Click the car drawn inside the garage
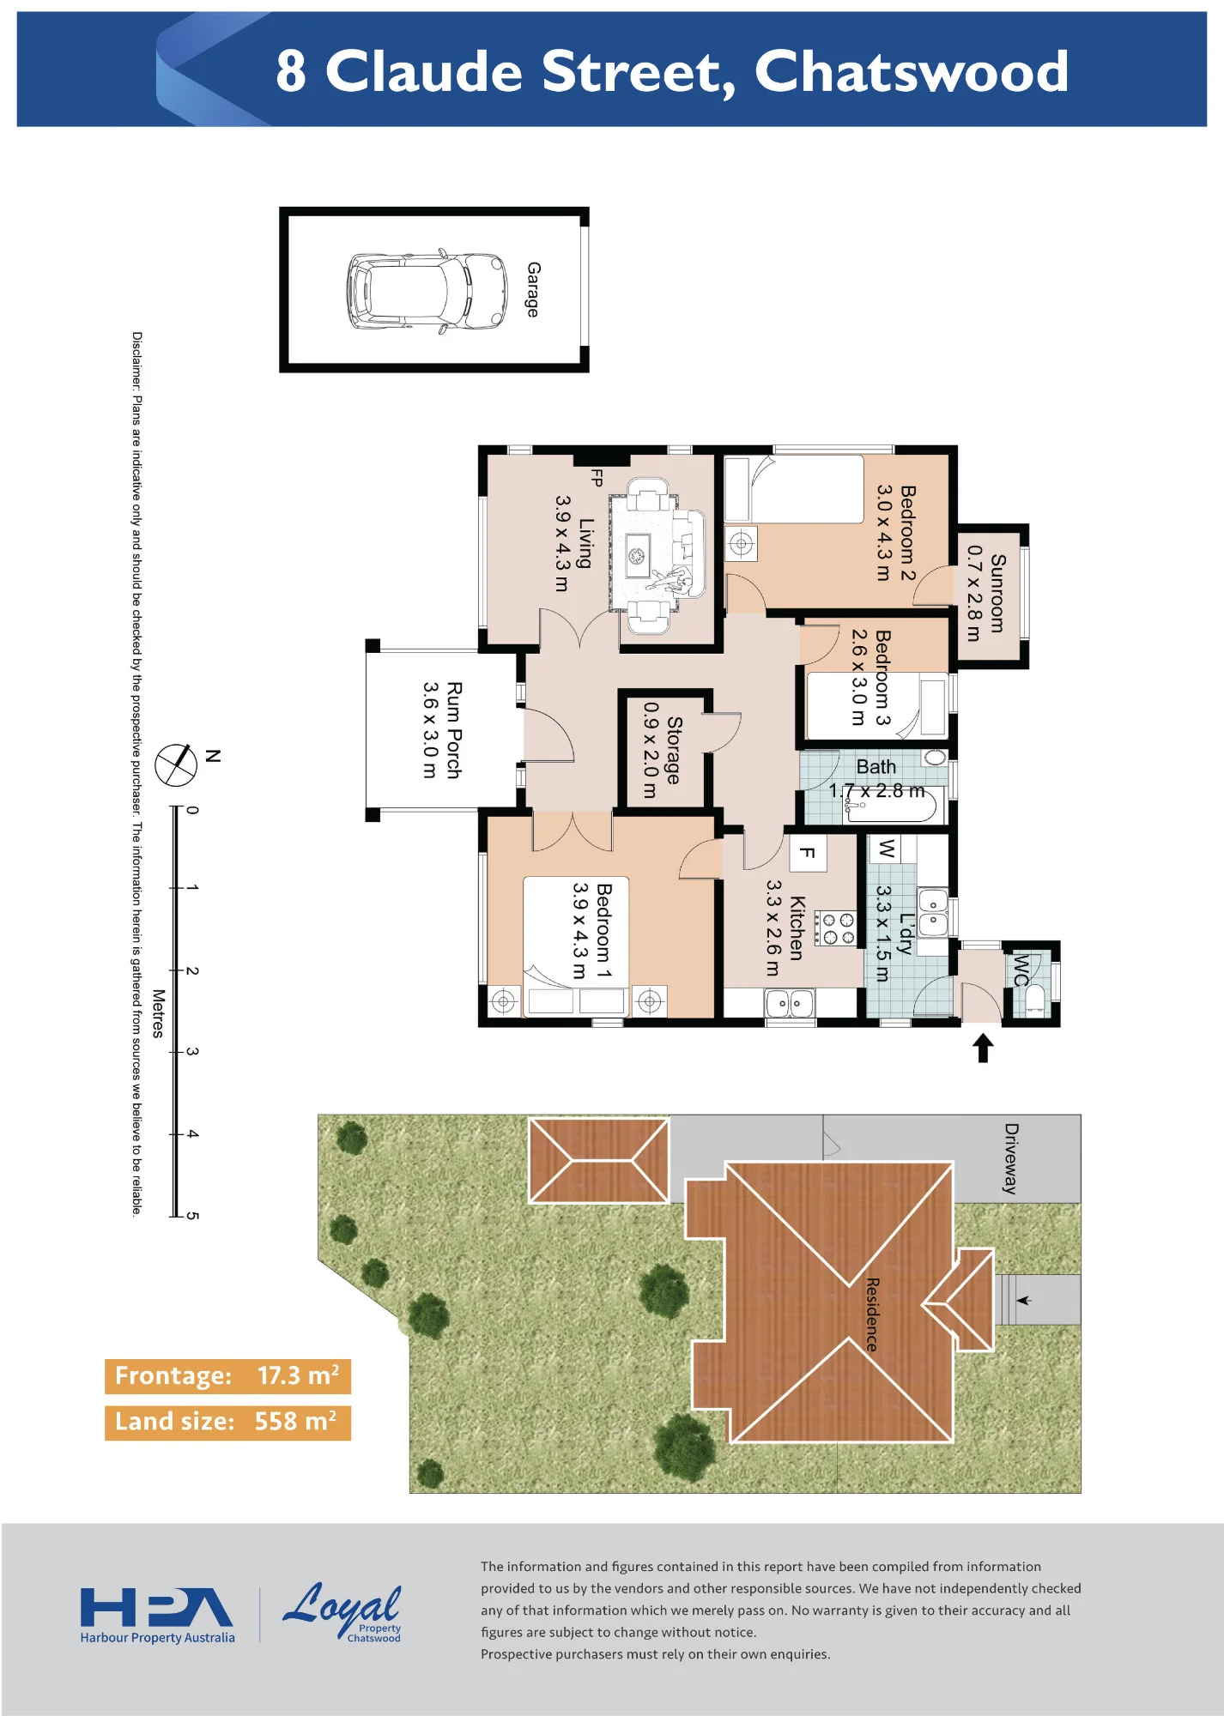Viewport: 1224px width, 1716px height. pyautogui.click(x=427, y=291)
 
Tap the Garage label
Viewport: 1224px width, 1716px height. pyautogui.click(x=533, y=289)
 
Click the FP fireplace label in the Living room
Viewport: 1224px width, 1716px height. pyautogui.click(x=597, y=477)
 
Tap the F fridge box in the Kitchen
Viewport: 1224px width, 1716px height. pyautogui.click(x=808, y=853)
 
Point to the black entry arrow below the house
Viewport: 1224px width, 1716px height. pyautogui.click(x=983, y=1048)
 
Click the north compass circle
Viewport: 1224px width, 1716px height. pyautogui.click(x=176, y=764)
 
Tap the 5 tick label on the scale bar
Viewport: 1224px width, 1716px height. pyautogui.click(x=192, y=1216)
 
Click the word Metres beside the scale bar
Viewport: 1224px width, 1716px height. pyautogui.click(x=158, y=1013)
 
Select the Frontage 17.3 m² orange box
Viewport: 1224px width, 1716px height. pyautogui.click(x=227, y=1376)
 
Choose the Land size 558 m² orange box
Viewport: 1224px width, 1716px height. pyautogui.click(x=227, y=1423)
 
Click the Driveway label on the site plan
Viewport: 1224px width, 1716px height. pyautogui.click(x=1011, y=1158)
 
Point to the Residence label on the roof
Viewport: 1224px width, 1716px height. pyautogui.click(x=872, y=1314)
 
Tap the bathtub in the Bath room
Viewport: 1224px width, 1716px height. pyautogui.click(x=893, y=805)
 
